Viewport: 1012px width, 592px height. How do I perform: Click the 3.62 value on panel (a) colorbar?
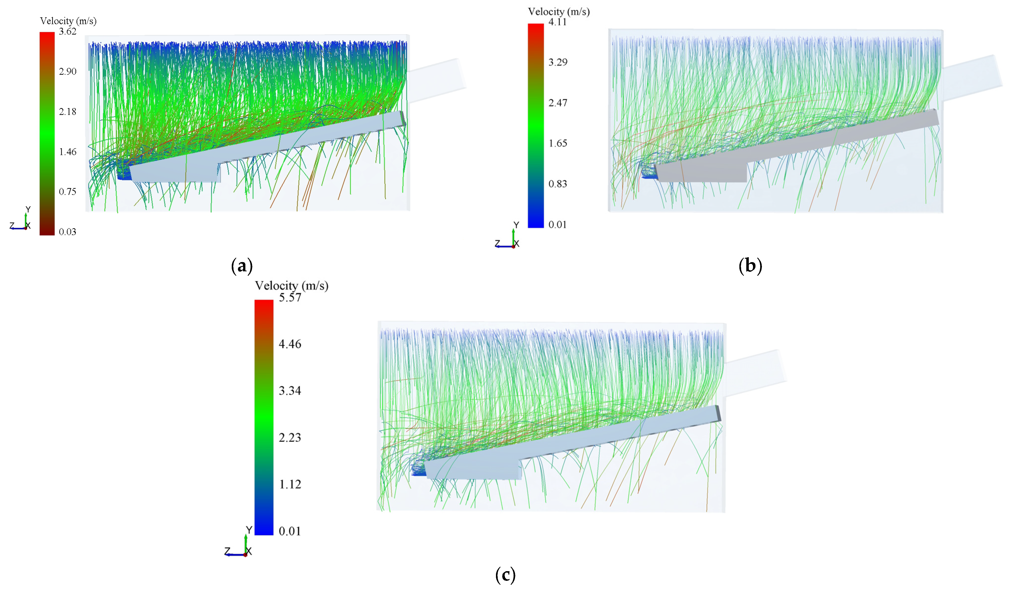tap(67, 31)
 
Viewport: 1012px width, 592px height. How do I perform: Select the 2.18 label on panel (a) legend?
tap(67, 111)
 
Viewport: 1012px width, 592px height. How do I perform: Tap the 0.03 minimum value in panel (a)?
tap(67, 231)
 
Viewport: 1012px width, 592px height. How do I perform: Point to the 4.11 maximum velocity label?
tap(558, 22)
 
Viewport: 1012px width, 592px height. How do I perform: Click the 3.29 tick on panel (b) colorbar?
tap(558, 62)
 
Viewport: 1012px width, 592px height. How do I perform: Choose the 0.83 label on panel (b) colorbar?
tap(558, 184)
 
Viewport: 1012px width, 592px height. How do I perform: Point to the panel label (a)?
tap(242, 266)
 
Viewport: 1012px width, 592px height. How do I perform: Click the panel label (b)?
tap(750, 266)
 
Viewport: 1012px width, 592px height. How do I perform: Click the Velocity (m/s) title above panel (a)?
tap(68, 21)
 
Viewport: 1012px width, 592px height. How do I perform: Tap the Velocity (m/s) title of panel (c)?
tap(291, 285)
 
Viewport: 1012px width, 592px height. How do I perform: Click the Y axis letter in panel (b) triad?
tap(517, 225)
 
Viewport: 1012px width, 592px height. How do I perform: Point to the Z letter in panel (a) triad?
tap(12, 226)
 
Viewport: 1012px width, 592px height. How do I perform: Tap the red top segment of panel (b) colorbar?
tap(536, 30)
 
